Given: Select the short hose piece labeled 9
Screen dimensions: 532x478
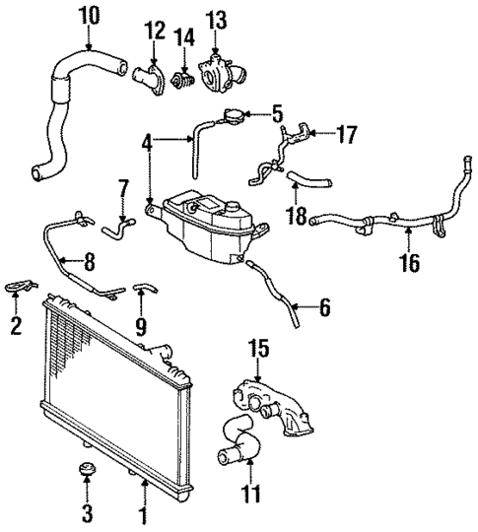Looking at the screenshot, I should click(145, 289).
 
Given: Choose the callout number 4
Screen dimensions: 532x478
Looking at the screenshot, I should click(147, 141).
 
